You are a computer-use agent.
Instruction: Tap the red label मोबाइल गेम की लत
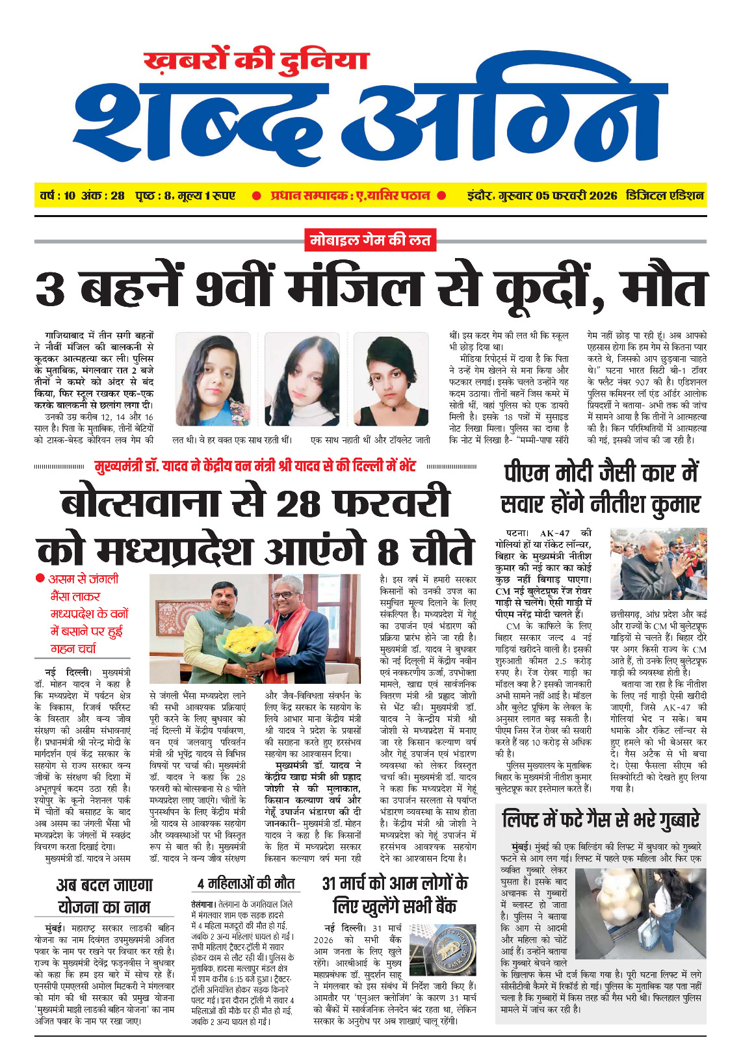[370, 240]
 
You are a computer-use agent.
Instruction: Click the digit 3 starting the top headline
[51, 290]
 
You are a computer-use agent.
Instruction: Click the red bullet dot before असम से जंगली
[40, 578]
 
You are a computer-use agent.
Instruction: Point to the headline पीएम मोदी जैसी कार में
[601, 473]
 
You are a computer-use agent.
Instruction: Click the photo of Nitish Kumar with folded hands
[658, 564]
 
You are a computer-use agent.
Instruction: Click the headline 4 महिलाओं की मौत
[246, 883]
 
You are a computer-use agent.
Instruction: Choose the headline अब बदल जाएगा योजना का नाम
[104, 896]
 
